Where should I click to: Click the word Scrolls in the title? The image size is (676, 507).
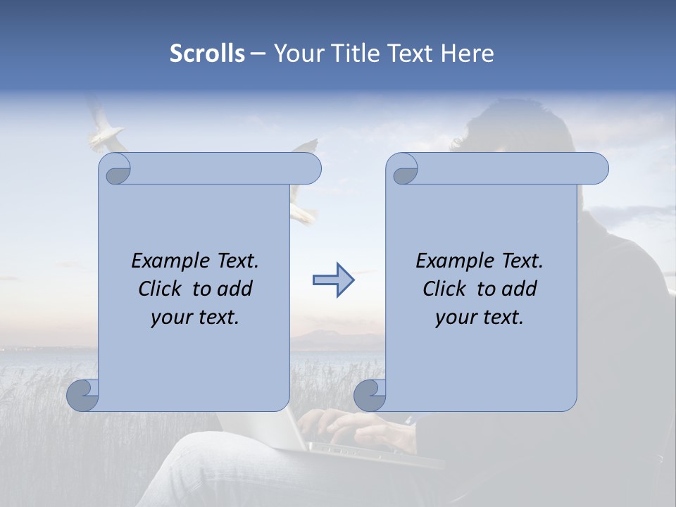pos(207,54)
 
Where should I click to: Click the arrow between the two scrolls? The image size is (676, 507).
pos(333,280)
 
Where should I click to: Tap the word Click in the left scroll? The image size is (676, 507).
pos(154,289)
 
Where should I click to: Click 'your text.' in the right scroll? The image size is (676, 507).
pos(480,318)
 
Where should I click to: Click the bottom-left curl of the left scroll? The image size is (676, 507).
pos(83,395)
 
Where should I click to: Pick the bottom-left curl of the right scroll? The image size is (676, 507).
pos(370,395)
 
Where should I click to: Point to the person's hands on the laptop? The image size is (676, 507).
pos(352,427)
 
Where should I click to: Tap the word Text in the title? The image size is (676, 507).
pos(410,54)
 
